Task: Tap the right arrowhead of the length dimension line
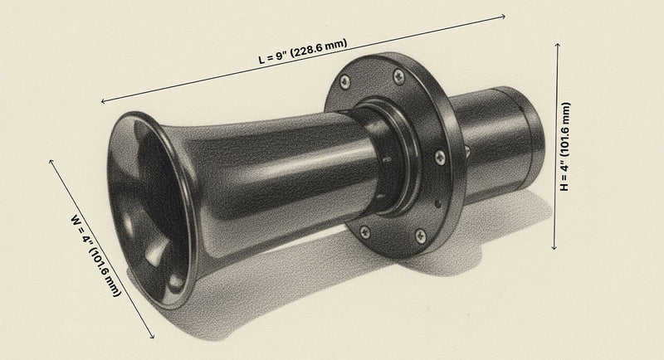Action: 504,15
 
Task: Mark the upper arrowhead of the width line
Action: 52,158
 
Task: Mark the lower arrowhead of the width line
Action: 154,338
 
